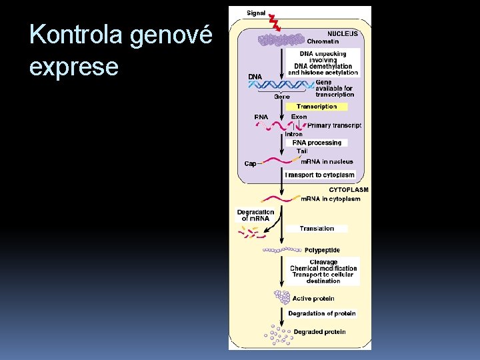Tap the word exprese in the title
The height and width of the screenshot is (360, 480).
tap(74, 66)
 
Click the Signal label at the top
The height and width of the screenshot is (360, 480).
tap(256, 13)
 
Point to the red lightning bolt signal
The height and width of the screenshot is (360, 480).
tap(275, 23)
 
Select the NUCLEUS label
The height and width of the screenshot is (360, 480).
tap(343, 33)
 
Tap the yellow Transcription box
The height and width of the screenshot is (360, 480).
tap(317, 107)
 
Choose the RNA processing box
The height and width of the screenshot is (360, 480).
tap(317, 143)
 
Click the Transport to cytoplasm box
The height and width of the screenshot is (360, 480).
tap(319, 175)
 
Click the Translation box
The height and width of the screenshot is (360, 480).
tap(317, 229)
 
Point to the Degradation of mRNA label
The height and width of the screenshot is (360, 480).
tap(255, 215)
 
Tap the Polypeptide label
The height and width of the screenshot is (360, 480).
tap(322, 250)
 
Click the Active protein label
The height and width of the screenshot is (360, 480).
tap(313, 299)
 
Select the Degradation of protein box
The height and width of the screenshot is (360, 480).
tap(322, 313)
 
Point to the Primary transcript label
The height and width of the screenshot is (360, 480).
tap(334, 125)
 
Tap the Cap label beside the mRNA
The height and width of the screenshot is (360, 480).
tap(250, 164)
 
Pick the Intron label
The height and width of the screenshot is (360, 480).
tap(293, 134)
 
